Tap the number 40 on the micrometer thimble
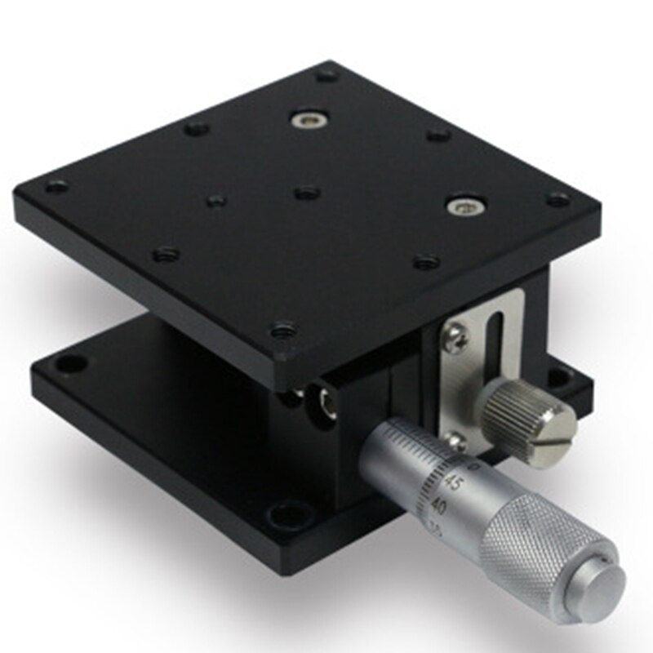[439, 506]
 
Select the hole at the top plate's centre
[306, 193]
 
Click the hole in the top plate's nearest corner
[283, 331]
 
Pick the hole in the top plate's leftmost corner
[57, 187]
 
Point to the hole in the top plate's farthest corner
[327, 75]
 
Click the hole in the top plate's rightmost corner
[557, 198]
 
